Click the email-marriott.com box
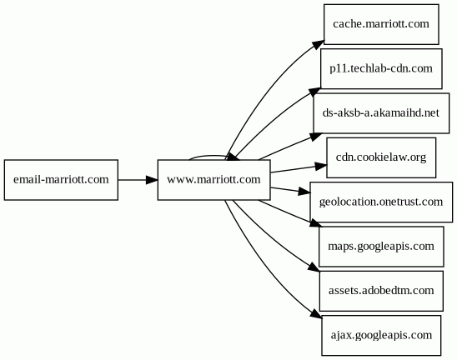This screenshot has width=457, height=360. [x=61, y=180]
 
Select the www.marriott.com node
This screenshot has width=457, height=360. [x=214, y=180]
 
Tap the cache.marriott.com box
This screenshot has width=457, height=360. [x=381, y=24]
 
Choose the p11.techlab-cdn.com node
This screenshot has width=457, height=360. [x=381, y=68]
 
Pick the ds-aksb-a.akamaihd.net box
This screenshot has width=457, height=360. [x=381, y=113]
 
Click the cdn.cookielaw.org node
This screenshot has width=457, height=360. [x=381, y=157]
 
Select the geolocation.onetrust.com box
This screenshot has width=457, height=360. [x=381, y=202]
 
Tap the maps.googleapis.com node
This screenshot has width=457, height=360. [x=381, y=247]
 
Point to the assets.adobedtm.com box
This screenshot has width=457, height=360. [x=381, y=291]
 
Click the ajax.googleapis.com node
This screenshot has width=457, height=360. [x=381, y=335]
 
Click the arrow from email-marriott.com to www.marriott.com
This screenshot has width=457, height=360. [x=138, y=180]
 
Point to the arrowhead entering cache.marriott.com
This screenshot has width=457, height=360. [x=318, y=46]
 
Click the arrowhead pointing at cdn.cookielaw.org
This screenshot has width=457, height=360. [x=321, y=166]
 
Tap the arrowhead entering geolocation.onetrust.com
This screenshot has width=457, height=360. [x=304, y=192]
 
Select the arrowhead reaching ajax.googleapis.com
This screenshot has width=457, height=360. [x=316, y=314]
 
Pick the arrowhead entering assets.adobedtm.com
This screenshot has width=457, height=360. [x=314, y=268]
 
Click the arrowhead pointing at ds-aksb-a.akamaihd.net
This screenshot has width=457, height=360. [x=315, y=137]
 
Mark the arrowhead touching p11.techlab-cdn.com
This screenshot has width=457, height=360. [x=314, y=92]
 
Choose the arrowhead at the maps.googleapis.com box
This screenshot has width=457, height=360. [x=316, y=223]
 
